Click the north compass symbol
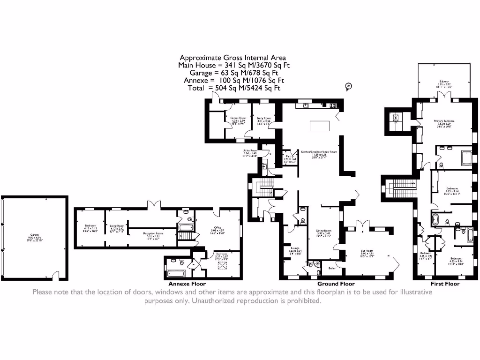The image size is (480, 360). click(x=348, y=86)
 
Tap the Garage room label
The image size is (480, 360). click(x=35, y=236)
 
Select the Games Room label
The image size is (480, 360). click(x=238, y=118)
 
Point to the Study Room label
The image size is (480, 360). click(x=264, y=119)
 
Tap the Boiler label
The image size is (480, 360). click(x=332, y=268)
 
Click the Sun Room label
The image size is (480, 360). click(x=367, y=251)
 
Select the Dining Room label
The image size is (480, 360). click(x=323, y=231)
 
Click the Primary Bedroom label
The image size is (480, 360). click(x=444, y=121)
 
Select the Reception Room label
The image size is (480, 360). click(x=153, y=233)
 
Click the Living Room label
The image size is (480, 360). click(x=116, y=226)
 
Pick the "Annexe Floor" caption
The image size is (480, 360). click(x=187, y=284)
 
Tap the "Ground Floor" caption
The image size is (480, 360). click(x=336, y=284)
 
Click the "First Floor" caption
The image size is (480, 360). click(x=445, y=284)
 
